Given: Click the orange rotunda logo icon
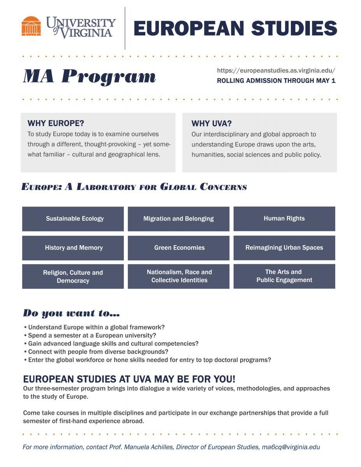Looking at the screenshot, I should pyautogui.click(x=31, y=26).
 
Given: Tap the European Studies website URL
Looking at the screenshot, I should pyautogui.click(x=276, y=70).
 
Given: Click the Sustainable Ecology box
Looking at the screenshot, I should pyautogui.click(x=73, y=219).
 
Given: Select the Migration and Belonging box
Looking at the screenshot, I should pyautogui.click(x=178, y=219).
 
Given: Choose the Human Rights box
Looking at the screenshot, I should pyautogui.click(x=284, y=218).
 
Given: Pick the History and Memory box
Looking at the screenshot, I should pyautogui.click(x=73, y=248).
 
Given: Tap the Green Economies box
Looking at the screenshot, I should pyautogui.click(x=178, y=248).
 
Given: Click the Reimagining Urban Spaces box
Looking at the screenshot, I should pyautogui.click(x=284, y=248).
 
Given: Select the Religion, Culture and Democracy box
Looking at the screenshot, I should pyautogui.click(x=73, y=276).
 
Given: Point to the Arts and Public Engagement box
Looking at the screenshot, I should pyautogui.click(x=284, y=276).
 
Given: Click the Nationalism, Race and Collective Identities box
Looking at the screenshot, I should pyautogui.click(x=178, y=276).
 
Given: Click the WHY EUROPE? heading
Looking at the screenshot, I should pyautogui.click(x=56, y=123).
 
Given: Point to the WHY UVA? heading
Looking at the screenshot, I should pyautogui.click(x=211, y=124).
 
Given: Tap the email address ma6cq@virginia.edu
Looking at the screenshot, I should pyautogui.click(x=291, y=447).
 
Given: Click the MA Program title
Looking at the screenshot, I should pyautogui.click(x=90, y=76).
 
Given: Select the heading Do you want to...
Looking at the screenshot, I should pyautogui.click(x=71, y=313).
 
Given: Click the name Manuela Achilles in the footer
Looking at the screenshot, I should pyautogui.click(x=149, y=447).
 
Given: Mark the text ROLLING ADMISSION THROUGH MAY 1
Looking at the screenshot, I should pyautogui.click(x=276, y=81).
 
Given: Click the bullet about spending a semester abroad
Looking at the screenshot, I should pyautogui.click(x=92, y=335).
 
